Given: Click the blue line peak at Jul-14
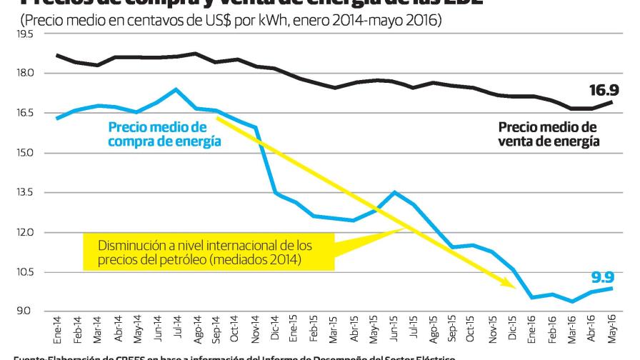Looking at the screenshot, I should tap(176, 89).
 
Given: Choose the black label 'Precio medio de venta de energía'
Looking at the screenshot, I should tap(548, 134).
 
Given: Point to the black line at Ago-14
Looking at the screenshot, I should tap(196, 54).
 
